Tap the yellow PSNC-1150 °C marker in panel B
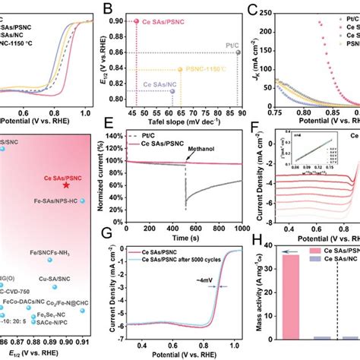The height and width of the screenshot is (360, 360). (179, 68)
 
